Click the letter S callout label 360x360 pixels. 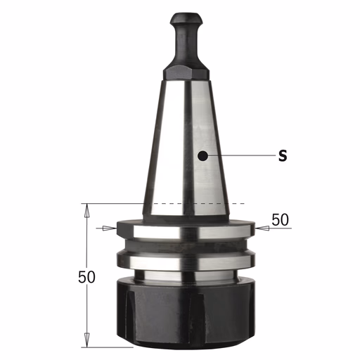click(283, 155)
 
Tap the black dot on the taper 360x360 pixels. click(202, 155)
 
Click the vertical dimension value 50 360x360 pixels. click(86, 277)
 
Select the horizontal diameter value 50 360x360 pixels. click(280, 220)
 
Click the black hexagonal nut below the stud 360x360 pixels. click(186, 73)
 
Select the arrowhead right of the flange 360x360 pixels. click(262, 228)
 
